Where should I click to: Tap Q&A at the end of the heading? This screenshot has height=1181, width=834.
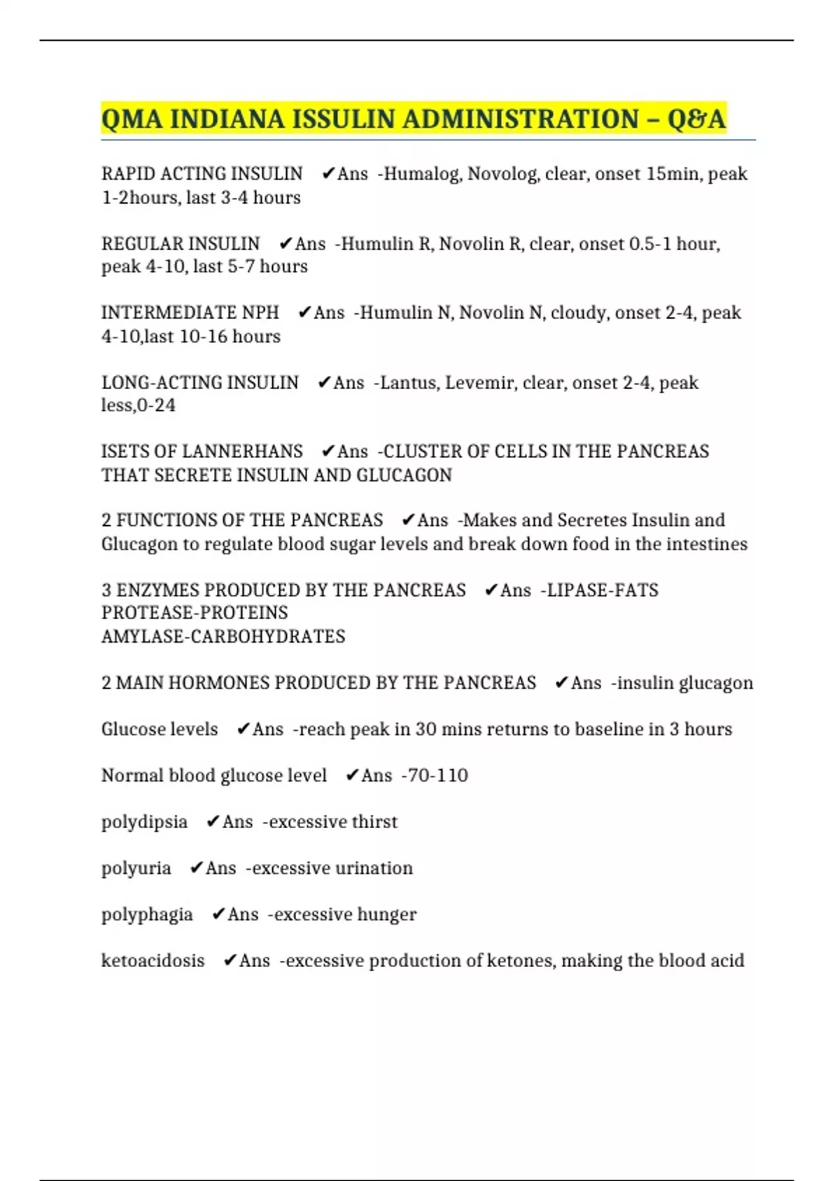tap(696, 119)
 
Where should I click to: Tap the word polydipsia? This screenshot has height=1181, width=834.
tap(145, 823)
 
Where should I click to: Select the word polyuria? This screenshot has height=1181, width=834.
tap(136, 868)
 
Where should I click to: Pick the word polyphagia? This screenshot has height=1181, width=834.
tap(147, 915)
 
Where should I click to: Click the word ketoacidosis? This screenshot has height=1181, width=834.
tap(153, 961)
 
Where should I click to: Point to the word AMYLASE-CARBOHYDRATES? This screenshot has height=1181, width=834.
tap(223, 636)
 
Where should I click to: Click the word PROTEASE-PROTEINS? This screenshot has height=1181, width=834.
tap(195, 613)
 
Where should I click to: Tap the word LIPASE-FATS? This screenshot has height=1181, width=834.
tap(603, 590)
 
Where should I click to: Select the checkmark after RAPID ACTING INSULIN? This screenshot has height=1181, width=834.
tap(329, 174)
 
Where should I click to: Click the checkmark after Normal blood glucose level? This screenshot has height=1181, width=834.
tap(352, 775)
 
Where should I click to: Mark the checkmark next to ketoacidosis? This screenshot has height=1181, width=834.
tap(230, 961)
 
